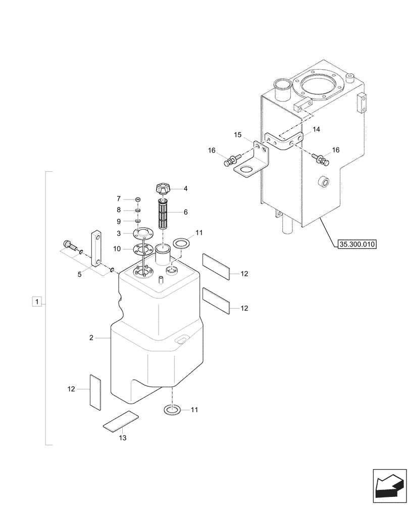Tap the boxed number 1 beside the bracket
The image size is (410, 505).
coord(36,302)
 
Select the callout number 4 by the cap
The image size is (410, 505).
coord(185,188)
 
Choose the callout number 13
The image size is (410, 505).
coord(123,438)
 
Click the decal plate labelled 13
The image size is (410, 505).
coord(121,420)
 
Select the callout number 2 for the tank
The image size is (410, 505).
coord(91,338)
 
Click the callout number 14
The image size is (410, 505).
coord(316,130)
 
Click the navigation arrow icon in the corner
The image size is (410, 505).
coord(389,485)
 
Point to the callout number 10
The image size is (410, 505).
coord(118,248)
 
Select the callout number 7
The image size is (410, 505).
coord(119,198)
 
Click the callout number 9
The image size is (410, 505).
coord(119,221)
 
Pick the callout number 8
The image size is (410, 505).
coord(119,210)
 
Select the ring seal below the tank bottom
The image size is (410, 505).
coord(172,410)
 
